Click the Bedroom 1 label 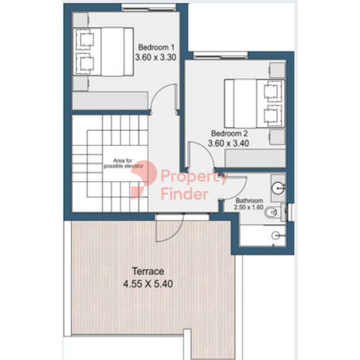156,47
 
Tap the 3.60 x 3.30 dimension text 156,57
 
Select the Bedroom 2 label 230,133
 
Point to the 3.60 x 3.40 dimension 228,143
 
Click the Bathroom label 249,201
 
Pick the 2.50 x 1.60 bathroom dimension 249,207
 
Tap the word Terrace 148,271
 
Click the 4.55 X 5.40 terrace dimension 148,284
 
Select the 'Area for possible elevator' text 124,163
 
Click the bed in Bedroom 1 103,52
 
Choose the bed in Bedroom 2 254,104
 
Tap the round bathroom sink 277,188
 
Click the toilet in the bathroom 272,213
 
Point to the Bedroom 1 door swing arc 158,92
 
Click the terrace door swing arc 176,234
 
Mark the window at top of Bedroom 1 148,8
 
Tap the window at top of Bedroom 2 220,55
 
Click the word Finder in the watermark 185,194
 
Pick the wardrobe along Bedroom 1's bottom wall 110,101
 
